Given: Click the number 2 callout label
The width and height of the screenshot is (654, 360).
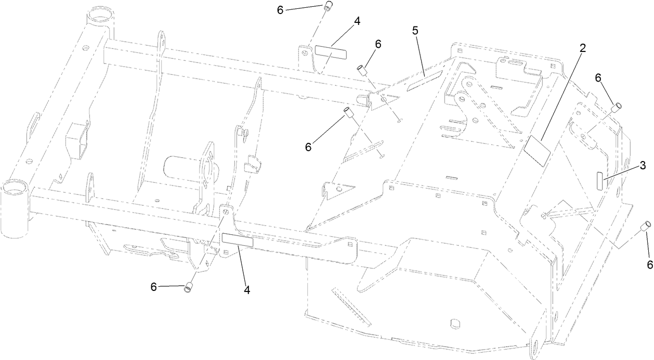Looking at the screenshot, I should pyautogui.click(x=583, y=48).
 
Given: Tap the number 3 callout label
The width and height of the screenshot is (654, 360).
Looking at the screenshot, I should pyautogui.click(x=643, y=166).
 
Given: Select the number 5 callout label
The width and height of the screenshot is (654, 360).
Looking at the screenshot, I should pyautogui.click(x=415, y=31).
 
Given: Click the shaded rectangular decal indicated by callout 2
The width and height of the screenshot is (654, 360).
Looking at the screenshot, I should pyautogui.click(x=535, y=151).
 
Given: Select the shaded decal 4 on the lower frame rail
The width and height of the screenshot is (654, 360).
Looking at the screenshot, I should pyautogui.click(x=237, y=239).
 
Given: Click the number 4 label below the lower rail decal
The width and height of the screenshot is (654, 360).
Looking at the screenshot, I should pyautogui.click(x=247, y=290).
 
